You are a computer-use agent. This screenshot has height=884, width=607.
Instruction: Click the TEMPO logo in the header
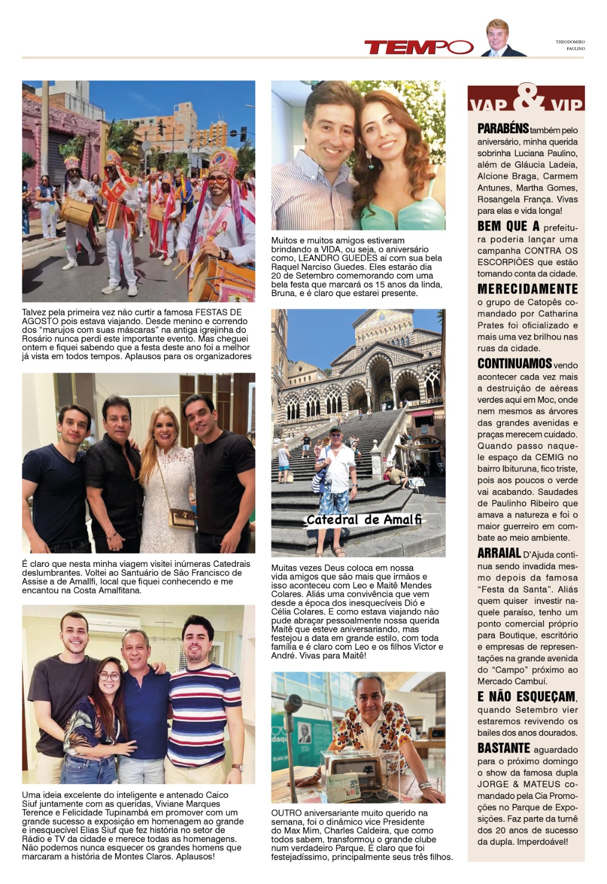point(418,48)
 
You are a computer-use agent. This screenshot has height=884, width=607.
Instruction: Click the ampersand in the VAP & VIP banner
point(526,98)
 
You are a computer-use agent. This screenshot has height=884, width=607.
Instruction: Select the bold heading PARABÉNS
point(503,129)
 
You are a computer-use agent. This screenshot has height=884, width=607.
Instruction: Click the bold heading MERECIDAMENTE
point(527,289)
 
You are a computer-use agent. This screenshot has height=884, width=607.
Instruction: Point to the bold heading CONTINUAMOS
point(514,364)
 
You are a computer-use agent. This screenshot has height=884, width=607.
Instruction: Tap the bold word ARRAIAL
point(499,553)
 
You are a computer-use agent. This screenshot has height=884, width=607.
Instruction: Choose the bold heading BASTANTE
point(504,748)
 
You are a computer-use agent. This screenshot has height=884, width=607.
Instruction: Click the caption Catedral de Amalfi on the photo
point(364,519)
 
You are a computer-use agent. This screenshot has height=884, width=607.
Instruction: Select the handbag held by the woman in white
point(182,518)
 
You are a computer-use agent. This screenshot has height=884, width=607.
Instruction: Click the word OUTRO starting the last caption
point(285,813)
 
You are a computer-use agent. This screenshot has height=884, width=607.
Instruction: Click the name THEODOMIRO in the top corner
point(570,42)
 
